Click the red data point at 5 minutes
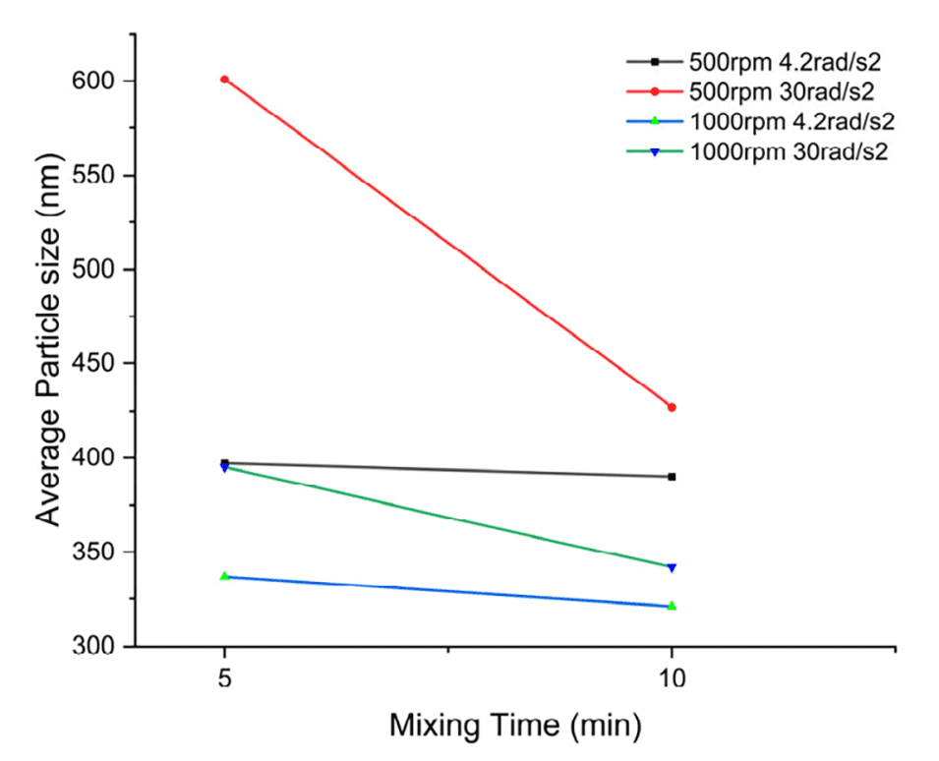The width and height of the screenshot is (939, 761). click(x=224, y=79)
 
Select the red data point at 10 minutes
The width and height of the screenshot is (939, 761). click(x=672, y=407)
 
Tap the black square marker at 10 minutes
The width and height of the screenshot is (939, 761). click(x=672, y=477)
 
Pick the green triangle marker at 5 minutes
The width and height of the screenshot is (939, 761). click(x=224, y=576)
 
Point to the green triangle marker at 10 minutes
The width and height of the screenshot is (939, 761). click(x=672, y=606)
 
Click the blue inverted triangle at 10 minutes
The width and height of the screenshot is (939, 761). click(x=672, y=567)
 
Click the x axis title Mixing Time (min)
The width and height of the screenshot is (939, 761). click(x=515, y=728)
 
